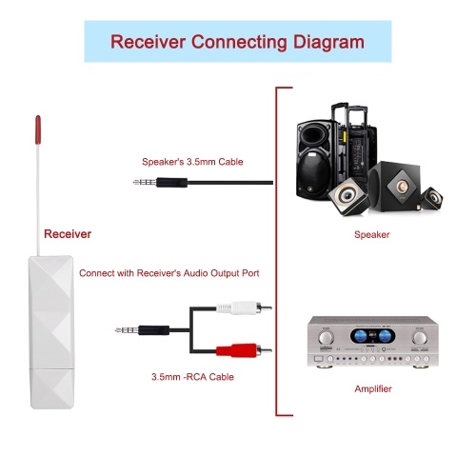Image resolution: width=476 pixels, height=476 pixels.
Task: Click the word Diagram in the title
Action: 328,42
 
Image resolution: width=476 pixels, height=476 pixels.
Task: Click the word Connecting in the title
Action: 240,42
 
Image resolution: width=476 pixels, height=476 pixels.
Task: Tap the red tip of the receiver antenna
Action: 38,129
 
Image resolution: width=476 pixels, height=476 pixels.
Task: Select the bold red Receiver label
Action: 68,234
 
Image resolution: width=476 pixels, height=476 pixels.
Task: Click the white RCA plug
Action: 244,307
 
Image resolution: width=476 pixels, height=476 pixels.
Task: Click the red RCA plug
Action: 244,350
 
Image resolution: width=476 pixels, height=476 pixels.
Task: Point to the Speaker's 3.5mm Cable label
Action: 192,162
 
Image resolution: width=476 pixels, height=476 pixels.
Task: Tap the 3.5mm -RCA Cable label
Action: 192,377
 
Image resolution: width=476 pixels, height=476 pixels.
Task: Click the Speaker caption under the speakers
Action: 372,235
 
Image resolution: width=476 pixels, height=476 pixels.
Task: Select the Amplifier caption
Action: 373,389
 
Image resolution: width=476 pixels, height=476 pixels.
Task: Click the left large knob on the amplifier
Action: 326,338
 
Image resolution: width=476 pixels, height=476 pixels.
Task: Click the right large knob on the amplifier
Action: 420,338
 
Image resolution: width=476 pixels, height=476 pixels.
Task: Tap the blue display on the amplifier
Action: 372,336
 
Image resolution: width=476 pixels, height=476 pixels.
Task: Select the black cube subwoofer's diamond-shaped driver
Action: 402,186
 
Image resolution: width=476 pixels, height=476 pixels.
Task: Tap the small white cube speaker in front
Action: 347,197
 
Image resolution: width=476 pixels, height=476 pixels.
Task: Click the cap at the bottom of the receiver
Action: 52,388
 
